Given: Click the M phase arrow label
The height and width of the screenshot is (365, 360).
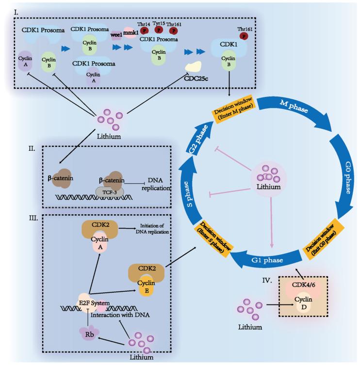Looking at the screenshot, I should click(295, 106).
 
